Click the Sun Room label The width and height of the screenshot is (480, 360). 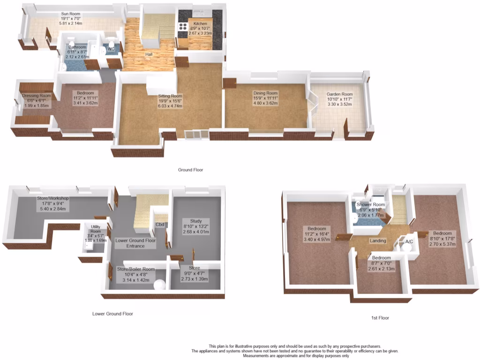[71, 14]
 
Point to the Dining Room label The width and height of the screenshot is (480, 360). [266, 93]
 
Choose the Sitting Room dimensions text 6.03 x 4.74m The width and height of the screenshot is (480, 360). [170, 106]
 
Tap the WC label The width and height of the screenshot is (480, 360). [111, 49]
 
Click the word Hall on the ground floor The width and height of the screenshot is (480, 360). [149, 54]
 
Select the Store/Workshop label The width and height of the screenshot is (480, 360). [53, 198]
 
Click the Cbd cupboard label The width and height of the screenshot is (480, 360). [159, 224]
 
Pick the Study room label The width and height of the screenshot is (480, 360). [196, 221]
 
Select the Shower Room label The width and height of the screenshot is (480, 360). [370, 205]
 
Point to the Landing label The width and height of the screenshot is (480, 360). [378, 241]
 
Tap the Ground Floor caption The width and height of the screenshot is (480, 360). [190, 170]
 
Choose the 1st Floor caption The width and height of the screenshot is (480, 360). [380, 318]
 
